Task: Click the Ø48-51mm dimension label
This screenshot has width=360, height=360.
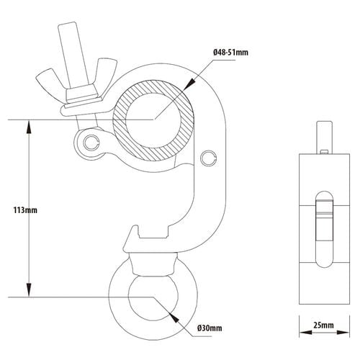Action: coord(230,53)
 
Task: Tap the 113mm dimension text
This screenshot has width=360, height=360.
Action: coord(25,210)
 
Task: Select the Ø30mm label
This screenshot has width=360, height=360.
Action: coord(210,328)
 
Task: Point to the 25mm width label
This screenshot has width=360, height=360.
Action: coord(323,325)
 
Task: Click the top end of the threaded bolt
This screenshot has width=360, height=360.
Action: coord(68,24)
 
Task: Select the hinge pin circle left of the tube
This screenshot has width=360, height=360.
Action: coord(91,143)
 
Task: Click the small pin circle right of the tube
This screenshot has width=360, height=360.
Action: coord(209,158)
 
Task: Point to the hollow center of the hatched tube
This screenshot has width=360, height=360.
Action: coord(153,120)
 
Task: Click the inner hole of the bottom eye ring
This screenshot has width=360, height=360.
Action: coord(153,297)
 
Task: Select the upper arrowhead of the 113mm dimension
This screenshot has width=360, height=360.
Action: coord(29,127)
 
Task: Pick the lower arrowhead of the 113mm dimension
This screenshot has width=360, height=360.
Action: coord(29,290)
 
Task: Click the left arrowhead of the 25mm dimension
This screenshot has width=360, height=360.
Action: coord(306,333)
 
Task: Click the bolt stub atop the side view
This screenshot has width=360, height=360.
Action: coord(325,137)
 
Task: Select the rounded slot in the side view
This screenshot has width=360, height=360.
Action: coord(325,229)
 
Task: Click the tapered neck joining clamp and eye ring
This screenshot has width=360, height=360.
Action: coord(153,265)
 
